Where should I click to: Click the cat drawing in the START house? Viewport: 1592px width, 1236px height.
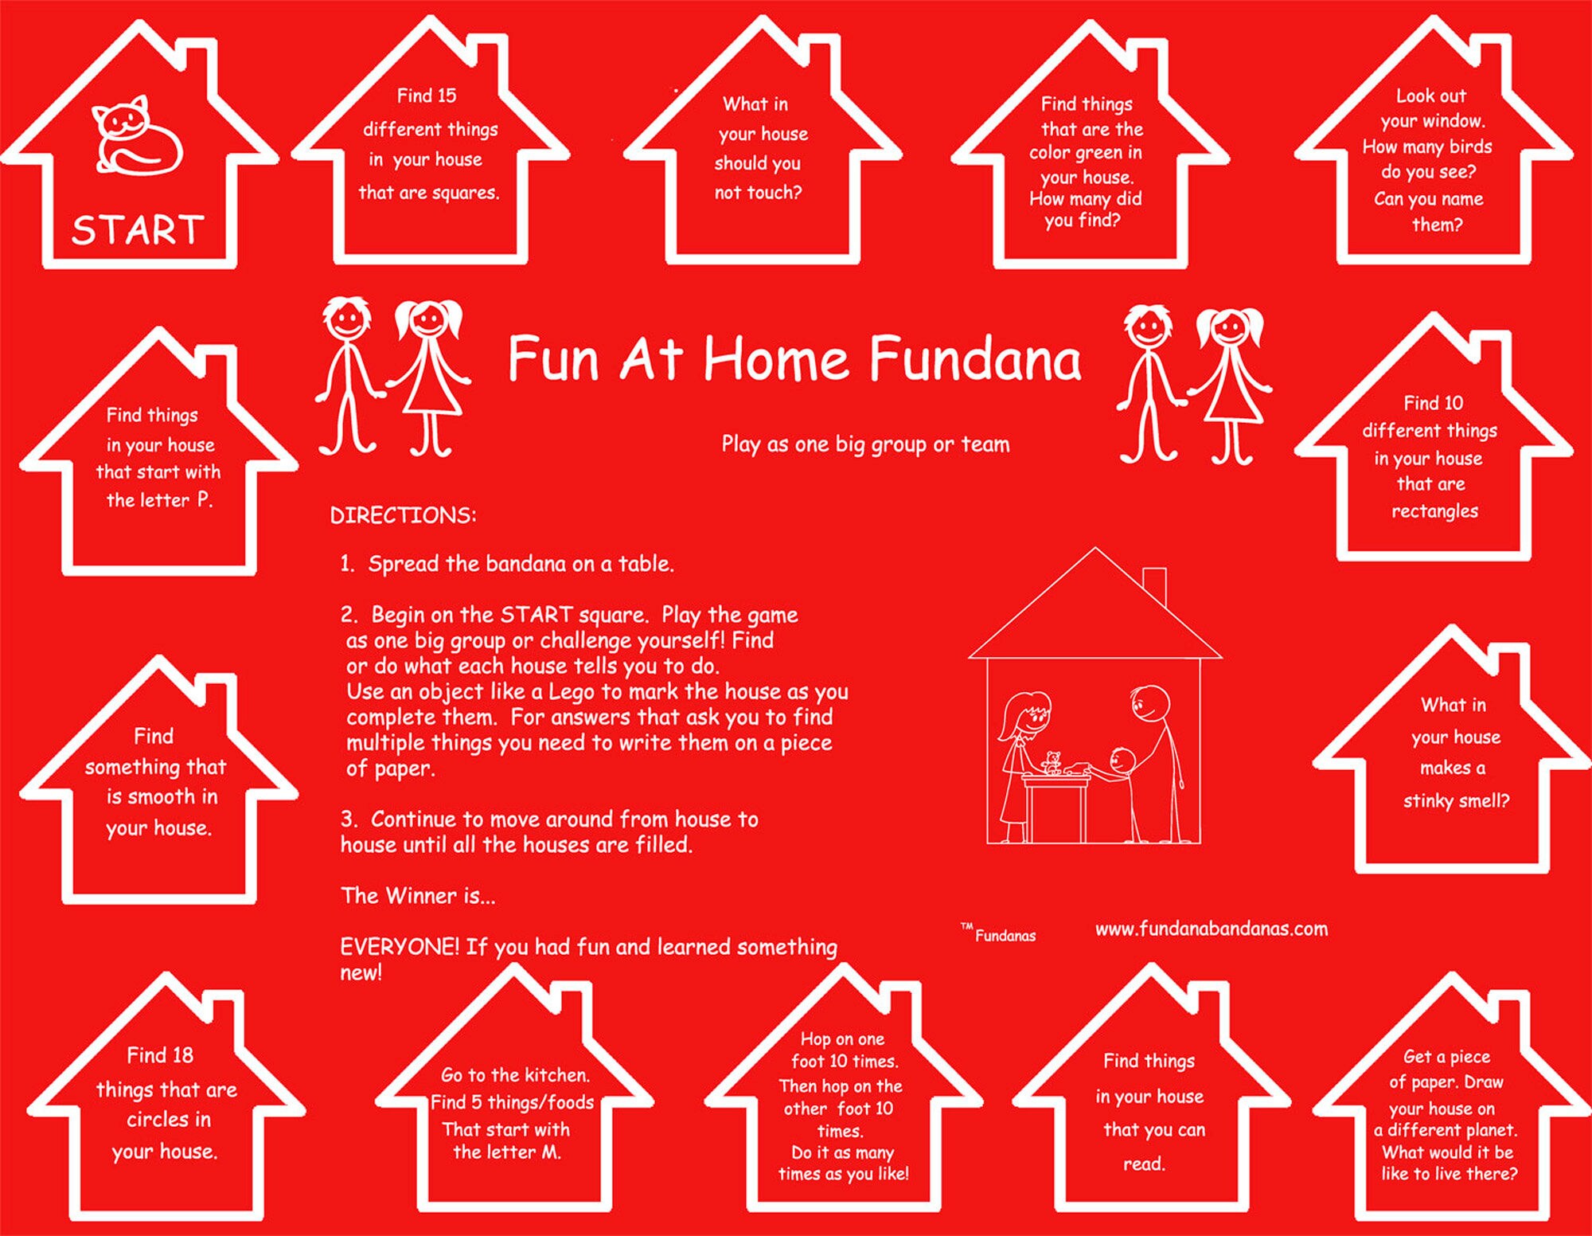click(x=138, y=135)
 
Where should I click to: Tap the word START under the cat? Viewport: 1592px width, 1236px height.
click(x=138, y=230)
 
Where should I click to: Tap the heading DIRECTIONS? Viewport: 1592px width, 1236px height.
click(x=403, y=515)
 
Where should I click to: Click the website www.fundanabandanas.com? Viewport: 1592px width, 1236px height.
click(x=1212, y=929)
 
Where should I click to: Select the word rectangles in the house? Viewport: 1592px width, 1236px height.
click(x=1434, y=511)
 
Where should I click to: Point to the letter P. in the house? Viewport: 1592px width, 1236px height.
click(x=205, y=500)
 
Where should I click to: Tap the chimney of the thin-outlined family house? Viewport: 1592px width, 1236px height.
click(x=1154, y=585)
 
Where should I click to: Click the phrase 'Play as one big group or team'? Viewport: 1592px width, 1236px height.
click(x=865, y=444)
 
